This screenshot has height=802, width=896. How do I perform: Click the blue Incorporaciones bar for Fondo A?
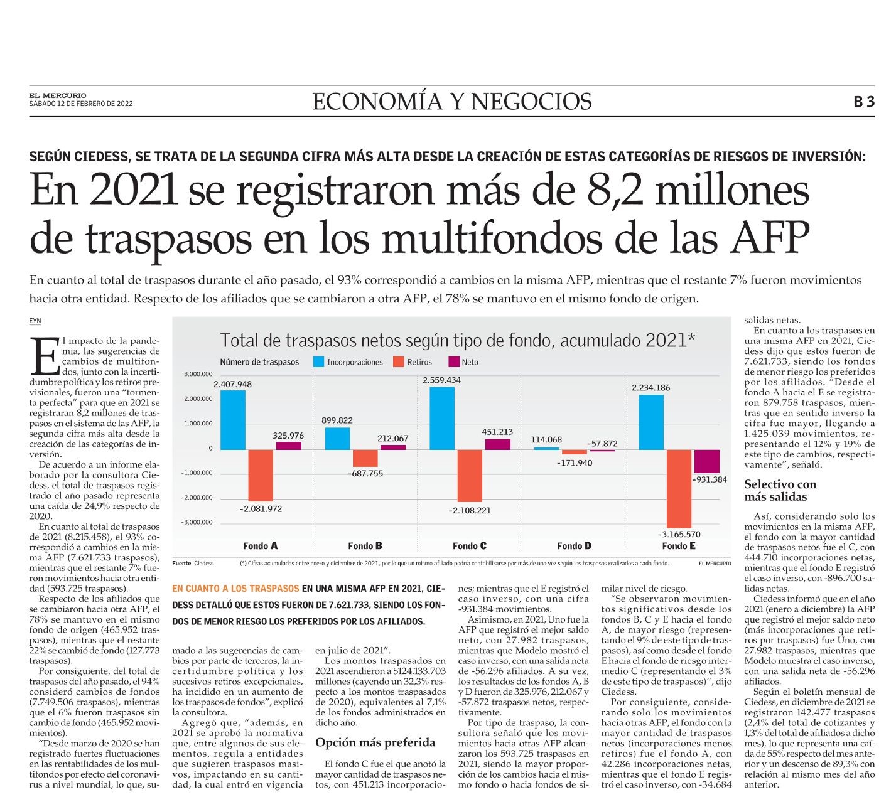point(232,420)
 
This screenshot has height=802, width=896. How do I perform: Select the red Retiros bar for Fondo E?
point(678,488)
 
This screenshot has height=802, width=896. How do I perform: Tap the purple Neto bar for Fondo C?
point(497,444)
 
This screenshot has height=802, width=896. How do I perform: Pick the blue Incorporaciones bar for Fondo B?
point(337,438)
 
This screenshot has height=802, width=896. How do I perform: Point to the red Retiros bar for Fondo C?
point(470,475)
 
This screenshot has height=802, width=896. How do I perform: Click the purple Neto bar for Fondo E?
point(706,461)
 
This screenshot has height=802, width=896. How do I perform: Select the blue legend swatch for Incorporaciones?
point(318,361)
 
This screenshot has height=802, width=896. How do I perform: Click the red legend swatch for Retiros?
point(398,361)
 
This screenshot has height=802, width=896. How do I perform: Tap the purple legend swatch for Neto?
point(454,361)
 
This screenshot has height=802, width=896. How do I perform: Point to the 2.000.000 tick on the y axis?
point(198,398)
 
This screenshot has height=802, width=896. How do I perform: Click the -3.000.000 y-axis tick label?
point(197,522)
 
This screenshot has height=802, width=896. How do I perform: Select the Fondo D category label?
point(574,545)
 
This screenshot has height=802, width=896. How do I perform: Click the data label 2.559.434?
point(441,380)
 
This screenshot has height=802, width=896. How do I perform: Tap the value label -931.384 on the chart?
point(709,479)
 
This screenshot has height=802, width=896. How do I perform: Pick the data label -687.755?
point(365,473)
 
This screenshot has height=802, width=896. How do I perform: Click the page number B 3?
point(864,102)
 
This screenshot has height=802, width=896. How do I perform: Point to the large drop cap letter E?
point(44,355)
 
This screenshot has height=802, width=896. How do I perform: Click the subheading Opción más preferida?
point(375,742)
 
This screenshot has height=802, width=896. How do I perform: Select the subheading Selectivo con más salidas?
point(780,490)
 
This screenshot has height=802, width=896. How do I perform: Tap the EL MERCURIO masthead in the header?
point(58,95)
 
